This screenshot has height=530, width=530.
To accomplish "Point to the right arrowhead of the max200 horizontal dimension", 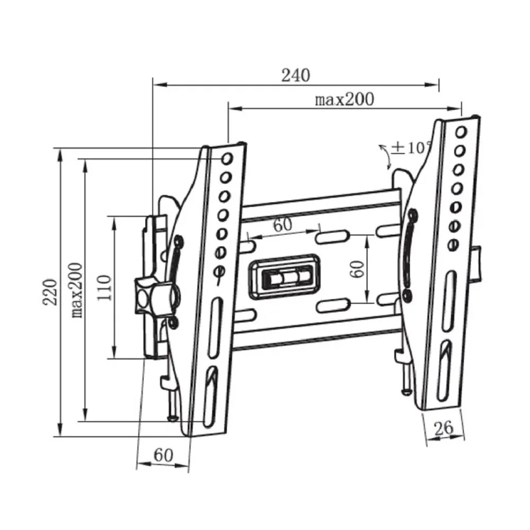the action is tap(454, 109).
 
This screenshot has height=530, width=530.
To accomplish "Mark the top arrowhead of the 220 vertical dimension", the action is tap(60, 156).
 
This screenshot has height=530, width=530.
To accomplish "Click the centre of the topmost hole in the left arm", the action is tap(227, 158).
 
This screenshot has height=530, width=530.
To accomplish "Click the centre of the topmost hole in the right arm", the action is tap(461, 131).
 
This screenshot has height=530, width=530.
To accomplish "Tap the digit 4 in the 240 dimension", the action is tap(296, 75).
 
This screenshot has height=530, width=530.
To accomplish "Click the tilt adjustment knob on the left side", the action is tap(157, 297).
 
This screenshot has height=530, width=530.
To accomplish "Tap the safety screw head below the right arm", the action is tap(407, 392).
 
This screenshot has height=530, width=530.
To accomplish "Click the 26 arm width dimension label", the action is tap(444, 428).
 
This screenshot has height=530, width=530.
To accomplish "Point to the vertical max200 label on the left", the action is tap(77, 290).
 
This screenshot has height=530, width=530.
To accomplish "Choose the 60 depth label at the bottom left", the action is tap(163, 455).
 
